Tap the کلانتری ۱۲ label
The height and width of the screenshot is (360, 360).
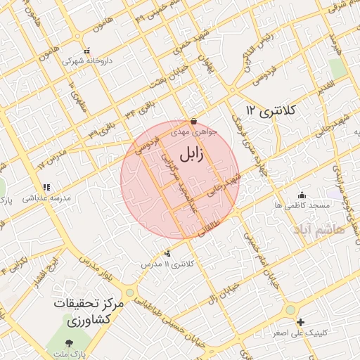point(272,110)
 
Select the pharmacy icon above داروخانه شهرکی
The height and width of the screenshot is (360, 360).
point(87,51)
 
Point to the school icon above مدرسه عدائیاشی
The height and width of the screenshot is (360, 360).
point(46,187)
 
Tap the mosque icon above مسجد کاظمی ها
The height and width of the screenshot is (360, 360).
point(302,195)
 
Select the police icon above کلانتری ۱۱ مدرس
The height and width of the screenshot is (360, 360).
point(167,253)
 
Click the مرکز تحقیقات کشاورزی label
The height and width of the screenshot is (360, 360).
point(89,312)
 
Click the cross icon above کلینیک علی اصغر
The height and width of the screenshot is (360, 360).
point(300,322)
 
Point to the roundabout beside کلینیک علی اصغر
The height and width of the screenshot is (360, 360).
point(290,310)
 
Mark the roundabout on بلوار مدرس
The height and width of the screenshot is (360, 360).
point(129,292)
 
